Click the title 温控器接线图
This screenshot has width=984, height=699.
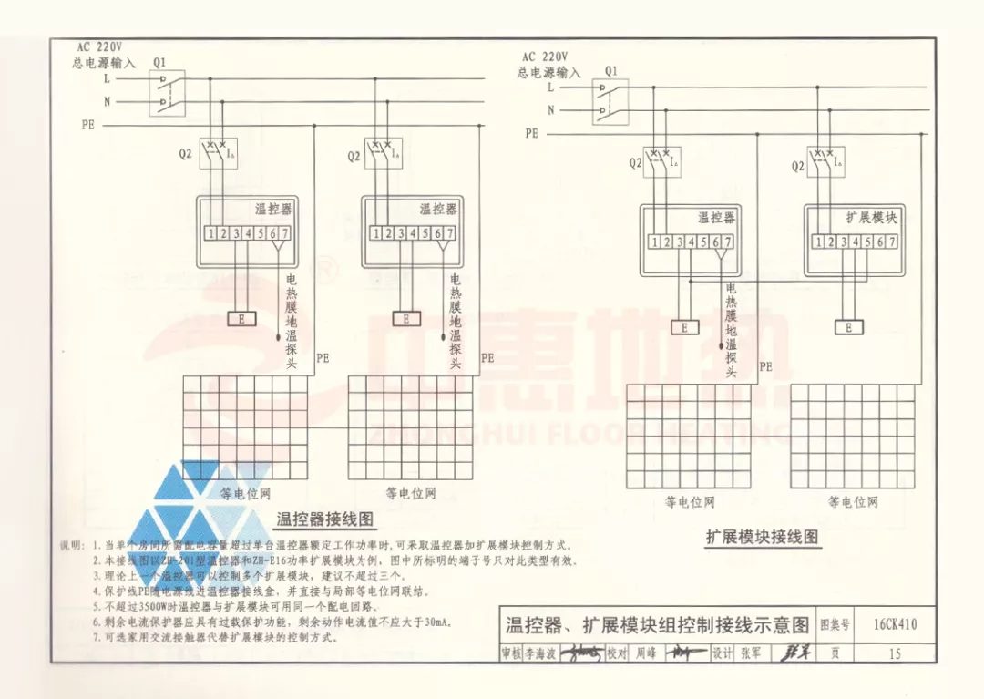[325, 519]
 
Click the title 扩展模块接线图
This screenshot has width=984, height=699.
[762, 536]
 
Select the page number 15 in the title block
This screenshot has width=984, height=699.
[894, 653]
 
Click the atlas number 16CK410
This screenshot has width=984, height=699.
[894, 625]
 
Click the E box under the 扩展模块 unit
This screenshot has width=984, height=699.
[848, 327]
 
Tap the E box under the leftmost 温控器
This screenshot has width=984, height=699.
[241, 319]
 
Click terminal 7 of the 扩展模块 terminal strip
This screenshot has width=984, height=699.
[892, 242]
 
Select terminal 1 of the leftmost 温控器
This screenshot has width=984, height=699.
[210, 233]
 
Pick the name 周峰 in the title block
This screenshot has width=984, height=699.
[646, 653]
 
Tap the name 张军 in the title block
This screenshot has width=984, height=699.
[751, 653]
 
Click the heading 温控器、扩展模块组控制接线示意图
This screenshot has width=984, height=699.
[657, 625]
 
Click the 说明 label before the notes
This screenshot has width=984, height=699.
[72, 545]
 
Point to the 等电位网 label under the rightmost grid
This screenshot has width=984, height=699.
[853, 502]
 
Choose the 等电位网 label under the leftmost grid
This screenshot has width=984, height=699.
[246, 494]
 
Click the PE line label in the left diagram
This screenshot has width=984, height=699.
[87, 126]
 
